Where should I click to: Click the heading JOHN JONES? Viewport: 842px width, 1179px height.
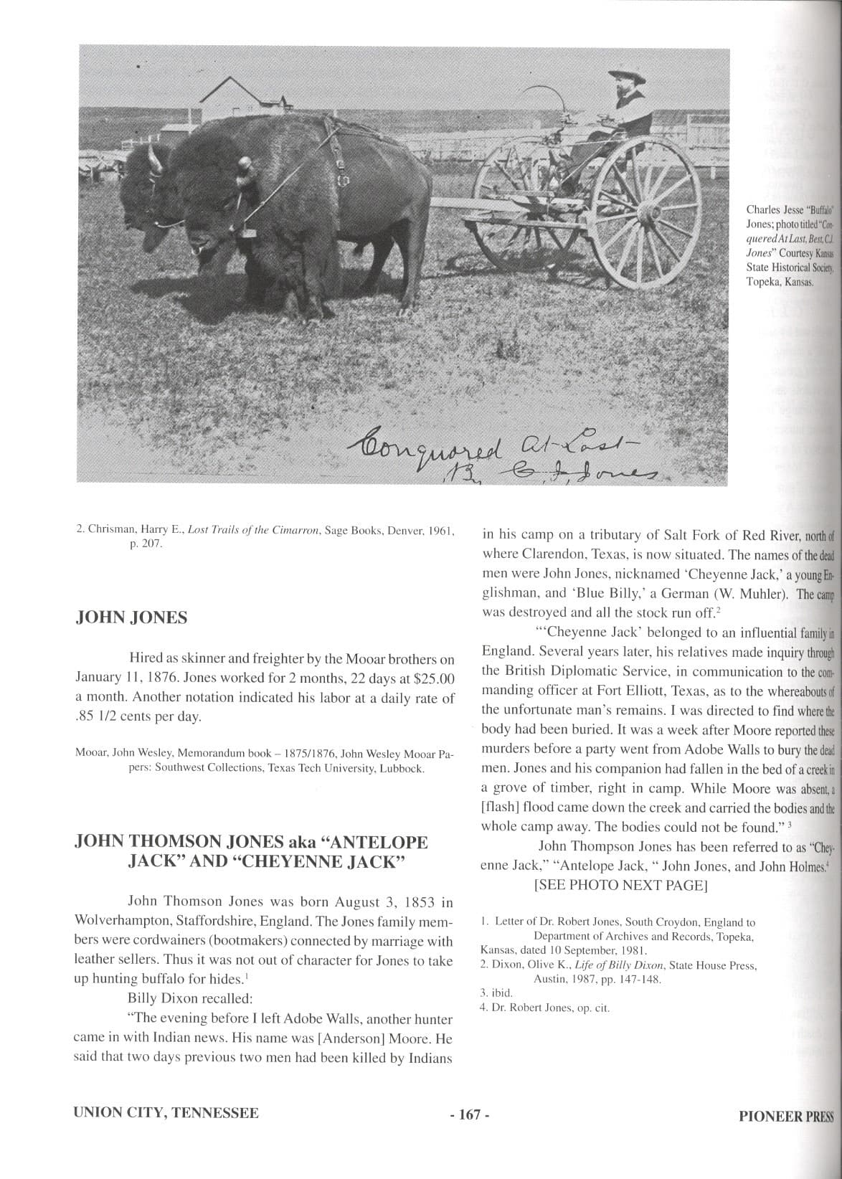(131, 618)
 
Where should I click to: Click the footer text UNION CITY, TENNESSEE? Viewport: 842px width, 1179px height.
(166, 1113)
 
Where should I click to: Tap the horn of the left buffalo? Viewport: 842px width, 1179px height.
(153, 159)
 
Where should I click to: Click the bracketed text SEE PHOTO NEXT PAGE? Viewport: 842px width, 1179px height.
(620, 885)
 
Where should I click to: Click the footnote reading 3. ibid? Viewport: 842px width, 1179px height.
(496, 993)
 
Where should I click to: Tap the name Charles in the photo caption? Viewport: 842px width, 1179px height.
(763, 210)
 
